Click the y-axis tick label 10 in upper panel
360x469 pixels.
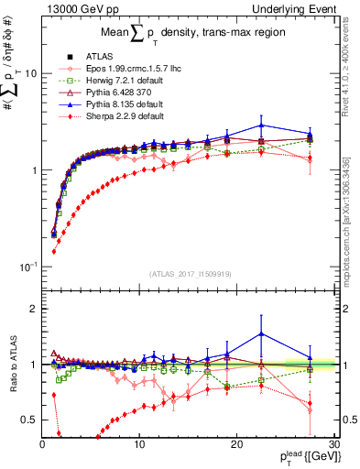point(29,73)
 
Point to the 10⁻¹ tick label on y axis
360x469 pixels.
point(27,267)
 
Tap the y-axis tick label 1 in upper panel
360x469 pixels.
point(32,170)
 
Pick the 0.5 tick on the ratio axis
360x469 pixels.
point(27,420)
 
